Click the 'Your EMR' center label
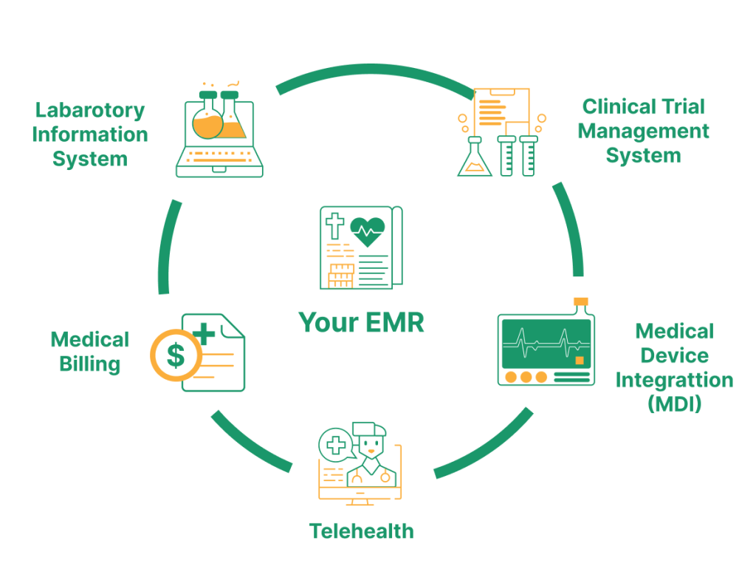tap(361, 323)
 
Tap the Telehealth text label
tap(361, 531)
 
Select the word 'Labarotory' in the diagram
tap(90, 111)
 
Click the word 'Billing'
tap(90, 364)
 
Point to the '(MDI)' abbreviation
tap(674, 404)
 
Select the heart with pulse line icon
tap(367, 231)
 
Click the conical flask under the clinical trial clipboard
tap(475, 159)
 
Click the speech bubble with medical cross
tap(335, 445)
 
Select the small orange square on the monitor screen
tap(580, 360)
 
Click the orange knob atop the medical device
tap(581, 301)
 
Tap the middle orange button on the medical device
tap(526, 377)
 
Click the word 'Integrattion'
tap(674, 380)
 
